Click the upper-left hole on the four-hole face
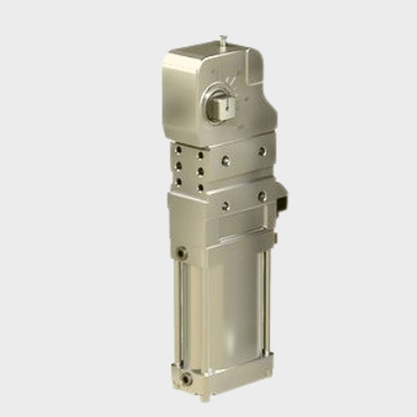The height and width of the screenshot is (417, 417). pos(226,160)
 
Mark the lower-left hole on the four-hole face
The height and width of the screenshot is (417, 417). pos(226,206)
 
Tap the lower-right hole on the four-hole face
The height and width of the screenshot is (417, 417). pos(262,196)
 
